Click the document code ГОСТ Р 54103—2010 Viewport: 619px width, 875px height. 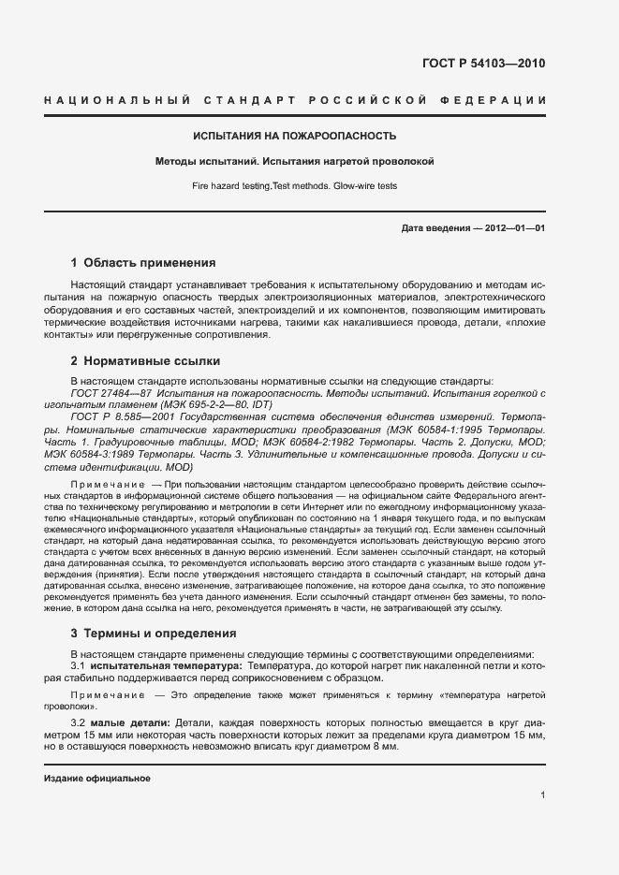483,65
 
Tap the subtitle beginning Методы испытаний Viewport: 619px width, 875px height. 295,161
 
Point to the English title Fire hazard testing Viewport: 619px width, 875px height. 295,186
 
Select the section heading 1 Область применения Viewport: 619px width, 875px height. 143,263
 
